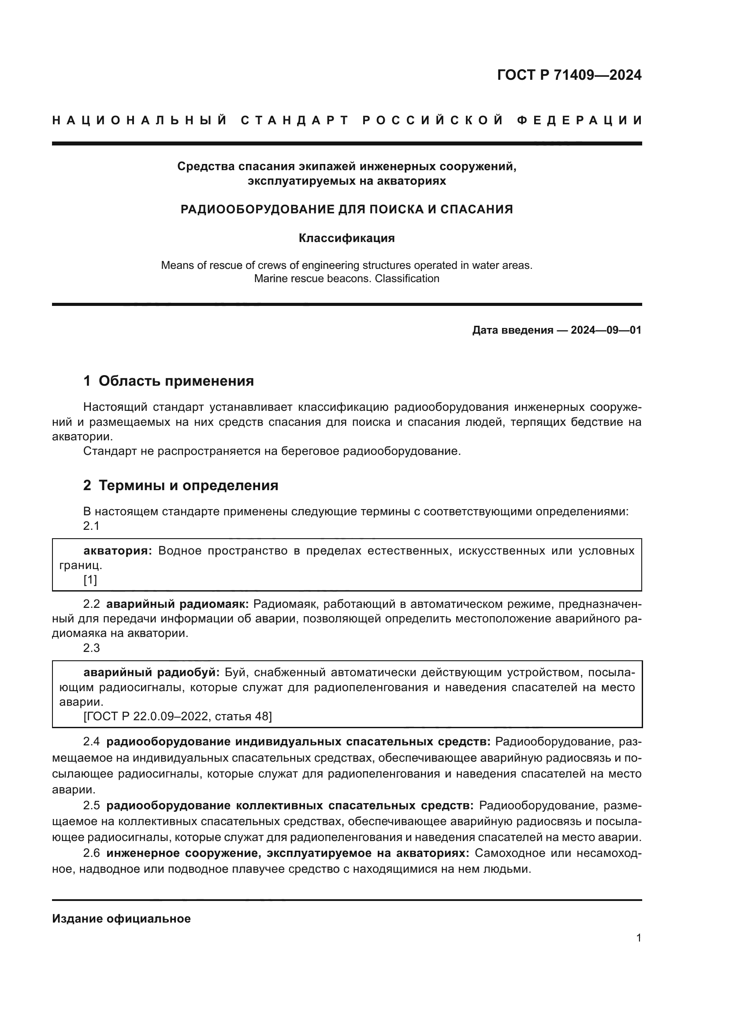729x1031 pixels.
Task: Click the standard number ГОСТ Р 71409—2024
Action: click(x=569, y=75)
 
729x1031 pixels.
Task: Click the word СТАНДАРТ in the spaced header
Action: click(x=295, y=120)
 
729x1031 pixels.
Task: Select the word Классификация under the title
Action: click(x=346, y=238)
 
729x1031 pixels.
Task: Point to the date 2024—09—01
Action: click(x=606, y=331)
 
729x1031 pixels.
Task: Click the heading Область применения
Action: click(x=176, y=381)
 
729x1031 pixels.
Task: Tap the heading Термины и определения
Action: click(x=188, y=485)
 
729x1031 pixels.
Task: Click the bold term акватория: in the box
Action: click(x=118, y=551)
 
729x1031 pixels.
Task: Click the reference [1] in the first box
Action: click(x=90, y=580)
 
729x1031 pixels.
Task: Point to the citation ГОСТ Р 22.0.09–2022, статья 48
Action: click(x=178, y=716)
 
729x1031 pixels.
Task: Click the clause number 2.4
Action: click(x=92, y=742)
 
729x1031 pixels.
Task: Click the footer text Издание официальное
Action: click(x=121, y=919)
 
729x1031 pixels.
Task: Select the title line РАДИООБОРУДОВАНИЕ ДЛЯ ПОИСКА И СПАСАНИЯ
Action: click(x=346, y=209)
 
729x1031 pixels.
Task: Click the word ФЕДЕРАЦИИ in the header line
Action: click(x=580, y=120)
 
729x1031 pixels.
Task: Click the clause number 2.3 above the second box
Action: click(x=92, y=648)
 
